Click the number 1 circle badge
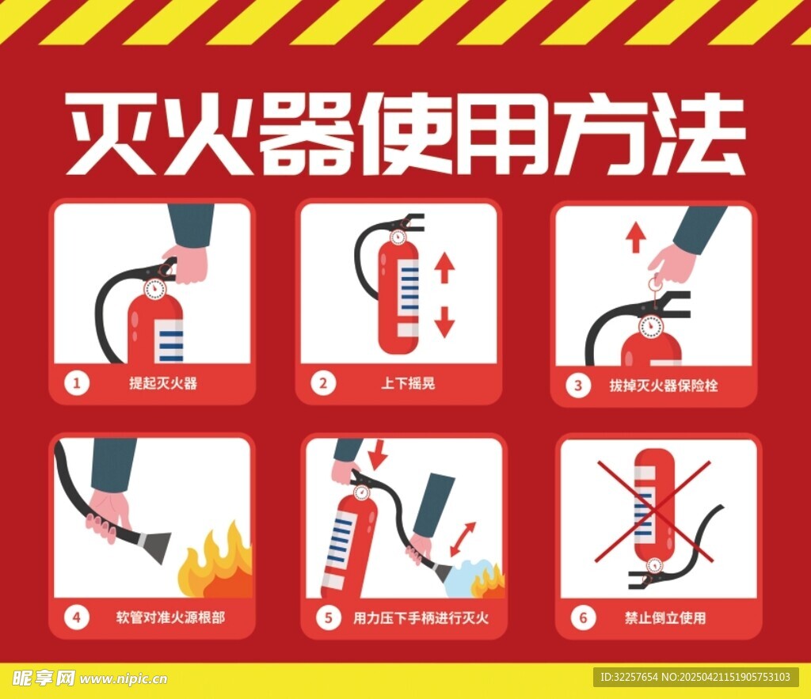77,383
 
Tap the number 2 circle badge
323,383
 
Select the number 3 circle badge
577,386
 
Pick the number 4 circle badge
77,617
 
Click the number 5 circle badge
329,617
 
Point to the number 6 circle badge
583,617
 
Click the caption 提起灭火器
163,383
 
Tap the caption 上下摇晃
408,383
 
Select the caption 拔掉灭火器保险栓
663,386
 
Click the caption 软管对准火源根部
170,617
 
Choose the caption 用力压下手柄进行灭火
421,617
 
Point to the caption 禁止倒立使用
665,617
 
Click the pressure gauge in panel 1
154,289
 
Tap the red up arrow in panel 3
635,237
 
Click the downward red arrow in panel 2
444,322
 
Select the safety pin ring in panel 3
653,284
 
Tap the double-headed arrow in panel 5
463,539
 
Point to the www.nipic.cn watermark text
124,678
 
